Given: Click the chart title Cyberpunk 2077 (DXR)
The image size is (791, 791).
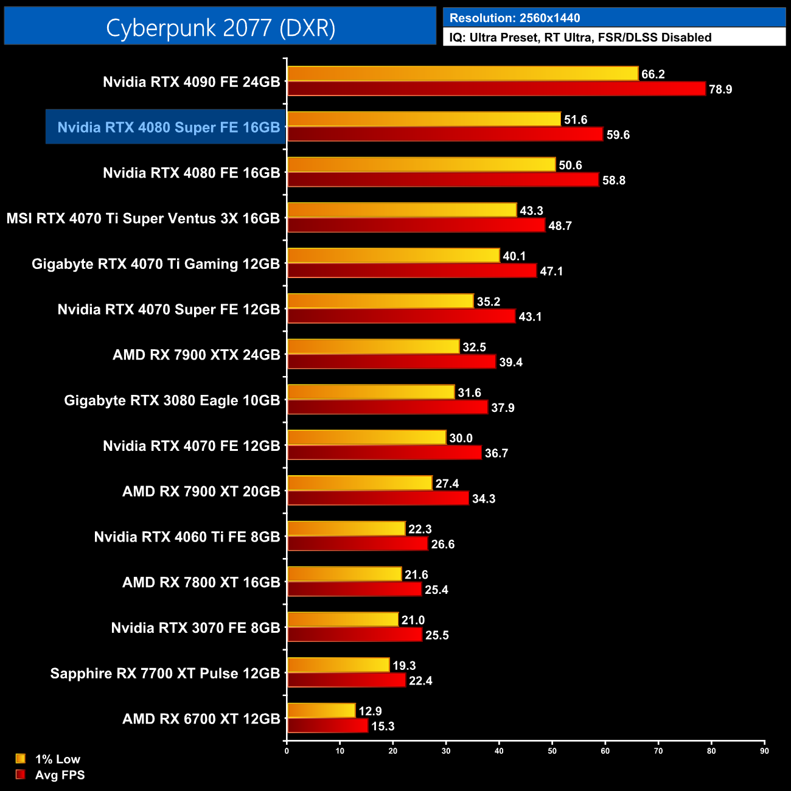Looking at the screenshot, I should [220, 27].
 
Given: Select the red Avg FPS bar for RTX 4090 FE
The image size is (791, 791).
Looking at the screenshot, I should [496, 89].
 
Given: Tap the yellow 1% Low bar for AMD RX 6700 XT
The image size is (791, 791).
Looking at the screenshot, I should [321, 711].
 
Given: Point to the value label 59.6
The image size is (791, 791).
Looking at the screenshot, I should [618, 135].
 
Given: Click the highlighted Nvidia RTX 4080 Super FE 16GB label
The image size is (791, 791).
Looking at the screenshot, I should [169, 127].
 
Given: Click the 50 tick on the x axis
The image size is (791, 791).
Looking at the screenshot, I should [552, 751].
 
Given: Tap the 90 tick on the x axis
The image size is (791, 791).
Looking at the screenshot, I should [764, 751].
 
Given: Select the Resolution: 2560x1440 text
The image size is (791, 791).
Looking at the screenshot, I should [515, 18].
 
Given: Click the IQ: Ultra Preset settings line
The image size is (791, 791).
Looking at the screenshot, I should [580, 38].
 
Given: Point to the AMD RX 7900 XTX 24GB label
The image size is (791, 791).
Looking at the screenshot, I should [196, 355].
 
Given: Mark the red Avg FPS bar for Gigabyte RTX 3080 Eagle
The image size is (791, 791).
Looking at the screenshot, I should [388, 407].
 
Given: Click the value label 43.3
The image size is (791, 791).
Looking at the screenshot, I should [531, 211].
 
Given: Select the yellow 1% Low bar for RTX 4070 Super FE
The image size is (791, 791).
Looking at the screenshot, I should [380, 301].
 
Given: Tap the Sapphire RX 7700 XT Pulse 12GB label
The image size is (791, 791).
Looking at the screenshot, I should [165, 674].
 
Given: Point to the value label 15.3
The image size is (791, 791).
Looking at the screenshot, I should [383, 727].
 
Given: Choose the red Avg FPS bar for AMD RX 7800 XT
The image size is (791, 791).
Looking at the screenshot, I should [354, 589].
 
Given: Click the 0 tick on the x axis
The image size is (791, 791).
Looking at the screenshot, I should [287, 751].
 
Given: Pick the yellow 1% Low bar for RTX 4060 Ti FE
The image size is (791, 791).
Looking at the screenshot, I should [346, 529].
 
